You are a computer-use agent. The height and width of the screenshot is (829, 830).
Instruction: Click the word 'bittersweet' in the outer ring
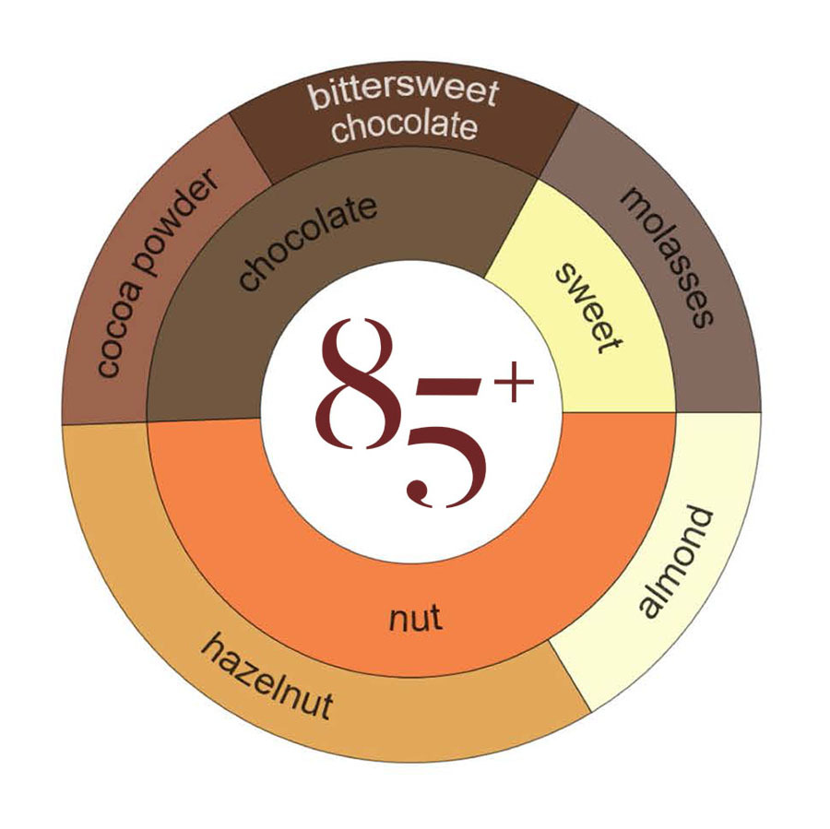pos(403,93)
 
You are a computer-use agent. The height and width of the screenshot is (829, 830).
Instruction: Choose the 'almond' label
pos(677,563)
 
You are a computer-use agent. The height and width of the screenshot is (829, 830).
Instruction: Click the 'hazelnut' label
pos(267,678)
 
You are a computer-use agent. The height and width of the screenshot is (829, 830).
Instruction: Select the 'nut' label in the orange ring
pos(414,618)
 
